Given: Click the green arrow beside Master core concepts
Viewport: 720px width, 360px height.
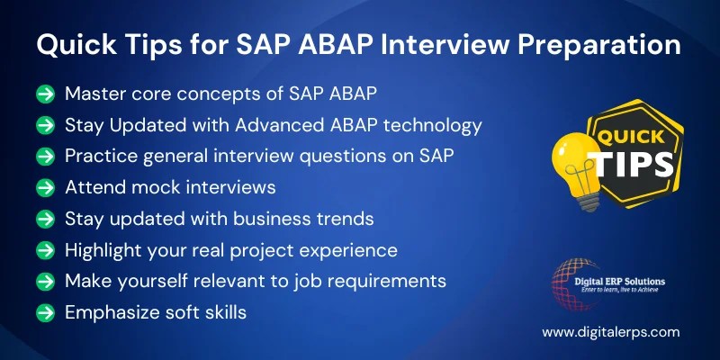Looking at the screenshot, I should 44,94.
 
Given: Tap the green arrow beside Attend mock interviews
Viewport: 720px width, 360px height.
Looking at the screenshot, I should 44,187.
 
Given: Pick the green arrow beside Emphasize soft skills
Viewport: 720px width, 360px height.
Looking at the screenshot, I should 44,312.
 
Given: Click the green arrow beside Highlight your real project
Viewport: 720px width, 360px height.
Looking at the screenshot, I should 44,250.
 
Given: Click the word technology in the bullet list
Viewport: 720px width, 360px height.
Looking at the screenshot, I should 436,124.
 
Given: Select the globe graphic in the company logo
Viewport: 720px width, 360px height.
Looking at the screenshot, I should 569,280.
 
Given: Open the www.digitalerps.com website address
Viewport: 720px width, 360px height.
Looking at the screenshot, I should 610,332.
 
